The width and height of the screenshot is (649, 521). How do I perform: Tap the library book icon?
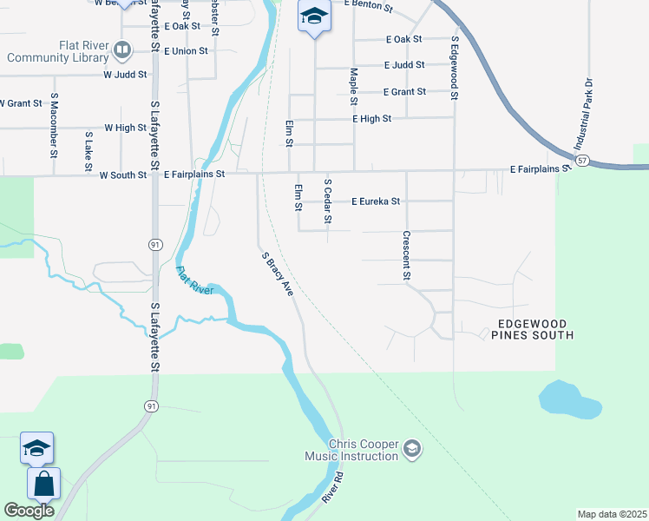pos(122,51)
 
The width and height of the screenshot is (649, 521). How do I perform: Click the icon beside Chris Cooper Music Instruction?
pos(413,449)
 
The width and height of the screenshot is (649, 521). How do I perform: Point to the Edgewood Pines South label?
pos(534,328)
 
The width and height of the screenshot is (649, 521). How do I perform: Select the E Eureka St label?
pos(376,201)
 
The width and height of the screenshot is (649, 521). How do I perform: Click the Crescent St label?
pos(406,254)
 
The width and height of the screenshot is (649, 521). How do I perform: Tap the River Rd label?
pos(332,487)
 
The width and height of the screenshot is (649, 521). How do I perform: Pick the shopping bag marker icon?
pos(43,485)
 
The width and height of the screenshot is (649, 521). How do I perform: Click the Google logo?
pos(29,511)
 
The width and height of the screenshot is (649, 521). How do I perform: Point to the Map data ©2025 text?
pos(612,514)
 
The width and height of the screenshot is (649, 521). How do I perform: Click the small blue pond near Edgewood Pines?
pos(569,399)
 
